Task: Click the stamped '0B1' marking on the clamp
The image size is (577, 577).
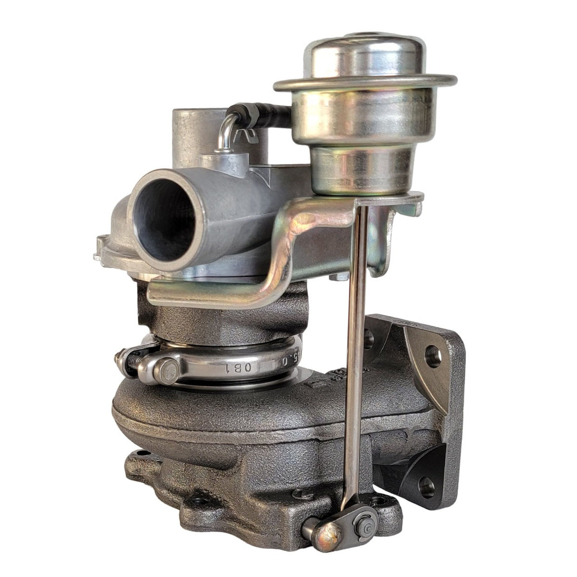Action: [236, 366]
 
